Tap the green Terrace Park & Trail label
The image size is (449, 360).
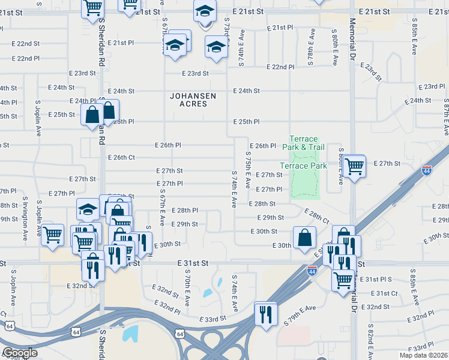point(307,143)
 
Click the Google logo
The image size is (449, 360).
point(20,353)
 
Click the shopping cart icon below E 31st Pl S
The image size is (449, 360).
point(343,279)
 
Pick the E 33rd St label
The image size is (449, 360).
point(212,319)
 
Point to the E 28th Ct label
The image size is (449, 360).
point(317,217)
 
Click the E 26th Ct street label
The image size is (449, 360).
point(122,157)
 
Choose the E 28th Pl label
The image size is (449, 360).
point(184,211)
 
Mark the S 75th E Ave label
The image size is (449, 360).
point(247,169)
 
